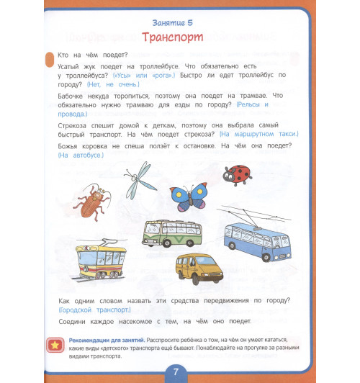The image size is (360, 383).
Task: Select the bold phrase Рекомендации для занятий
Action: pyautogui.click(x=107, y=339)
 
